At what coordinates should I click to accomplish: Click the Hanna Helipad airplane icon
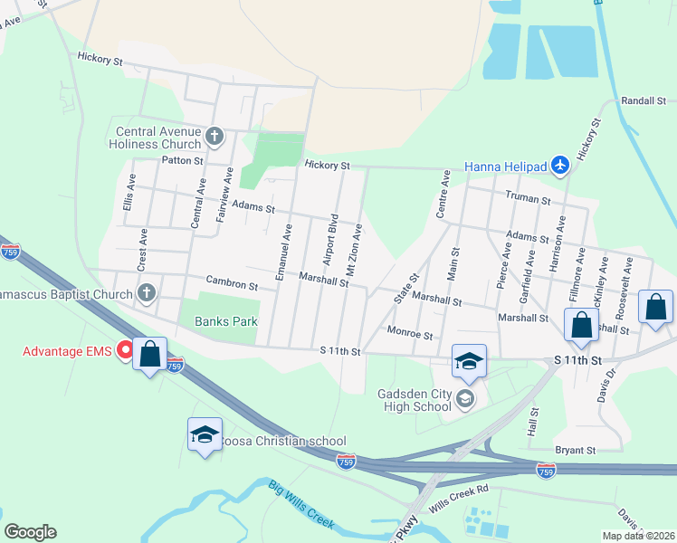pos(560,166)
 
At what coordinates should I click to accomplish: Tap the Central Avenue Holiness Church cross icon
pos(215,137)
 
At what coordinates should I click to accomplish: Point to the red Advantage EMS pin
pos(126,349)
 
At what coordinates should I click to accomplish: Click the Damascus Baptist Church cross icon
pos(147,292)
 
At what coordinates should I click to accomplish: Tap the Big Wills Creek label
pos(301,505)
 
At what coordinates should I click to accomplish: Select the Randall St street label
pos(643,101)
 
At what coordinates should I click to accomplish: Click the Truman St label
pos(529,199)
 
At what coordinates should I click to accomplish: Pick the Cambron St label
pos(232,284)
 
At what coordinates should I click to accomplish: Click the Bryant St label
pos(576,450)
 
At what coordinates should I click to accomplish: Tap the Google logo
pos(30,532)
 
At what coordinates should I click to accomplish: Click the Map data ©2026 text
pos(638,536)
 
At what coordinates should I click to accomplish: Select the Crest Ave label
pos(143,250)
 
